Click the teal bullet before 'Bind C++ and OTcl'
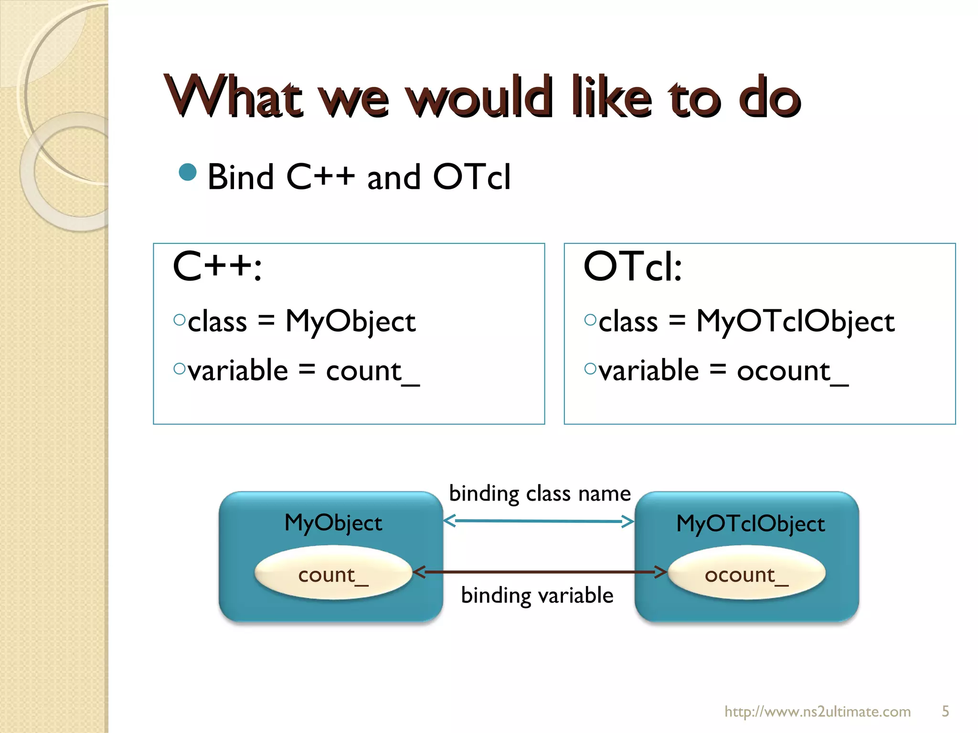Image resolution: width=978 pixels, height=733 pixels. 188,172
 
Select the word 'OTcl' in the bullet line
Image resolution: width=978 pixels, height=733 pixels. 471,177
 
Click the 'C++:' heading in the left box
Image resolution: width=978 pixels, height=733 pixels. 217,267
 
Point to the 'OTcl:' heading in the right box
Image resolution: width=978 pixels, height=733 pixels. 633,267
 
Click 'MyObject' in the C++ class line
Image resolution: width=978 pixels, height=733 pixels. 350,321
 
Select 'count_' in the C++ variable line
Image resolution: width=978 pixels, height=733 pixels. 372,371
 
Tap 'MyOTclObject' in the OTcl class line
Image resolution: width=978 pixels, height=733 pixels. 795,321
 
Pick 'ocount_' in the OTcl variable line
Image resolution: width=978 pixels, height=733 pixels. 792,371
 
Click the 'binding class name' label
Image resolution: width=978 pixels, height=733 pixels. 540,493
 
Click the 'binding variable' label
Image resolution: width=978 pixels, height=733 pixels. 537,596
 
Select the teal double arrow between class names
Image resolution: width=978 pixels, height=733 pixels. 539,521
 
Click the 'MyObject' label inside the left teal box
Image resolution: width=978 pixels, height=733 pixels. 333,523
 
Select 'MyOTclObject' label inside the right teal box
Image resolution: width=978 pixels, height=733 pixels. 750,524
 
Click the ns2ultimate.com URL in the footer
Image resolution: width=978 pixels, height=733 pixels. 817,712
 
